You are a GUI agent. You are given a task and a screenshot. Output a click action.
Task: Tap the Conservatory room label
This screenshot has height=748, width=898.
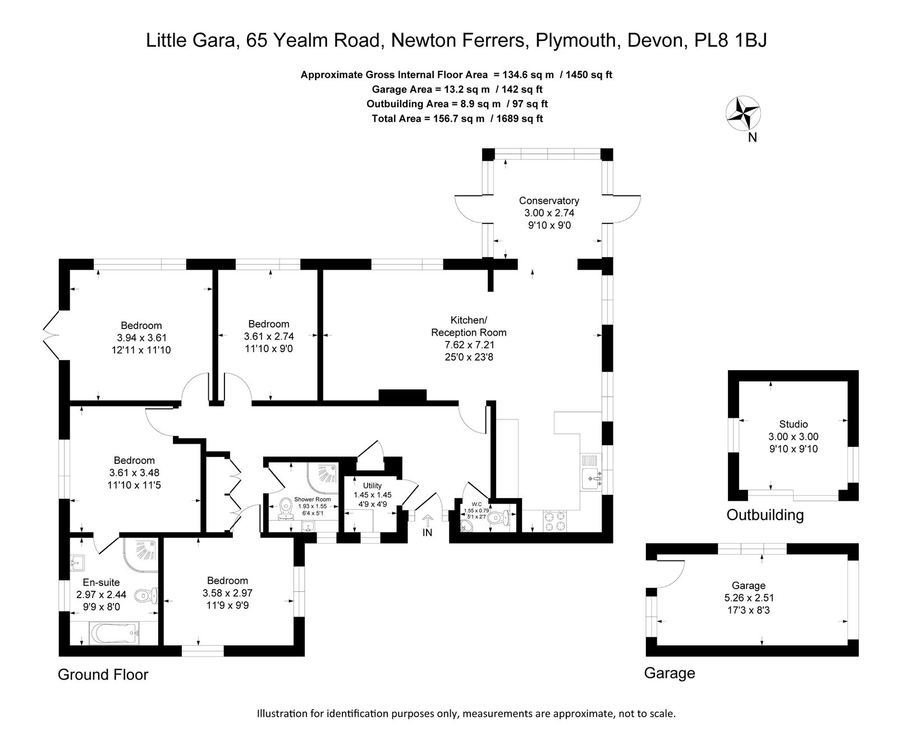coord(549,200)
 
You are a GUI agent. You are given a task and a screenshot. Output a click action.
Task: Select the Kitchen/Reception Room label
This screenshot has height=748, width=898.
coord(469,326)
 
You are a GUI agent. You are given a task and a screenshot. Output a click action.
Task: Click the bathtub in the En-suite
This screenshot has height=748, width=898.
coord(114,633)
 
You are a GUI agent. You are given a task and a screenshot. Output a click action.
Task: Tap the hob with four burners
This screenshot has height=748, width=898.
coord(555,521)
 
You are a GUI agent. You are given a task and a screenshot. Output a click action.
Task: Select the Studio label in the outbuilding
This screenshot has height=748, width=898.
coord(794,424)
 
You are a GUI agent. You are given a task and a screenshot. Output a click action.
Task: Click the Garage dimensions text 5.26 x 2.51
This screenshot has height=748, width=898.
coord(749,598)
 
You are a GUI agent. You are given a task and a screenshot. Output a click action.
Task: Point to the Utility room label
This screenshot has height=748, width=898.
coord(372,486)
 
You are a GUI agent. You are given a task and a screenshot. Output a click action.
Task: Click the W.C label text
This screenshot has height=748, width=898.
coord(477,504)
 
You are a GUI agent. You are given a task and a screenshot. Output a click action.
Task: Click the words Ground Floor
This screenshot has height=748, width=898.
coord(103,674)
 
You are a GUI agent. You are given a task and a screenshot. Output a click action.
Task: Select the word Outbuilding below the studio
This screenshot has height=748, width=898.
coord(765,514)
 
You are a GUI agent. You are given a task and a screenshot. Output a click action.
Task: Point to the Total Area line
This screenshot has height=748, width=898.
coord(457,118)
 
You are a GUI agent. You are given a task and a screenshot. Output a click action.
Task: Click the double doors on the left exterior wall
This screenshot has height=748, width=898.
coord(52,335)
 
